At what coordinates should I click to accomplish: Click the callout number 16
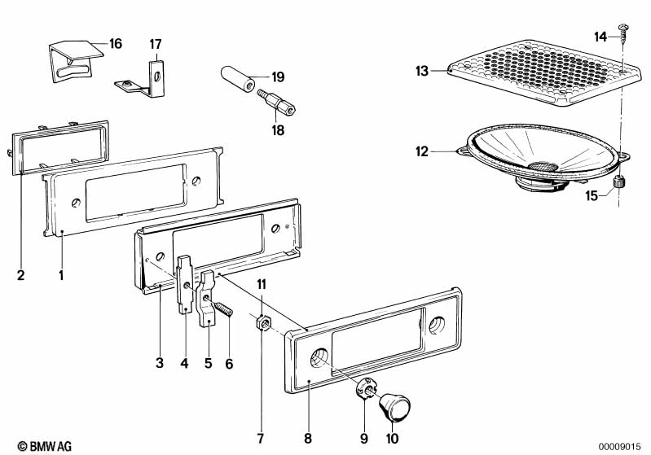(115, 43)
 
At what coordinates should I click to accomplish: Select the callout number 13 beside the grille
(421, 72)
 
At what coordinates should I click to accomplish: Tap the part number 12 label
(421, 151)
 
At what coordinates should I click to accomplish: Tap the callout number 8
(308, 439)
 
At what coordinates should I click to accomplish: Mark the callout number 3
(161, 363)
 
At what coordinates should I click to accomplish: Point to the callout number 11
(262, 283)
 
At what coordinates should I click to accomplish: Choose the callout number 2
(20, 275)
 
